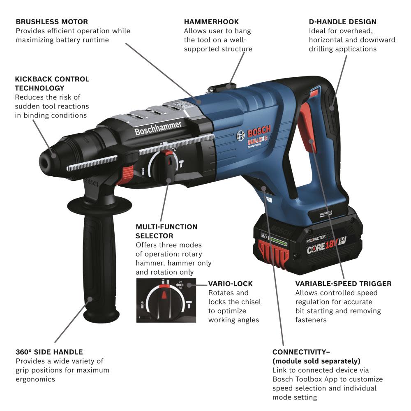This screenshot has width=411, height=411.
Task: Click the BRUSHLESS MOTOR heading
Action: pos(52,22)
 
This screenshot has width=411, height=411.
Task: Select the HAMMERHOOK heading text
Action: pos(211,22)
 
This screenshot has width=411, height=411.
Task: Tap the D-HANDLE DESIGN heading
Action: pos(342,22)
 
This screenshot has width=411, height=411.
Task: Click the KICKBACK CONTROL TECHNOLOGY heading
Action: pos(52,83)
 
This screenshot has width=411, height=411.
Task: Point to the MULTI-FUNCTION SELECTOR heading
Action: pos(166,231)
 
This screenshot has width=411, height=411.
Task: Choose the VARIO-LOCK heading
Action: pos(230,284)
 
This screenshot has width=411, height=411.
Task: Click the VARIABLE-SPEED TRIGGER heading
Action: pos(343,284)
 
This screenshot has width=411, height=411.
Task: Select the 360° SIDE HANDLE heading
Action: pos(49,352)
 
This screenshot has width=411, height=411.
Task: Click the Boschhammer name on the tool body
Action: pos(158,128)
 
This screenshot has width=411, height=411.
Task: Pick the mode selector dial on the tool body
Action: pos(163,166)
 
